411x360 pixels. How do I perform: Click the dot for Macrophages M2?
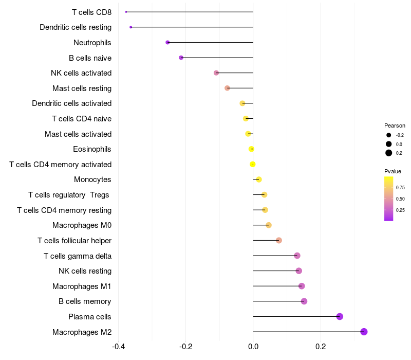click(364, 332)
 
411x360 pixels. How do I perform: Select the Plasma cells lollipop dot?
click(340, 316)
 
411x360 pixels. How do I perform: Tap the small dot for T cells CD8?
click(126, 12)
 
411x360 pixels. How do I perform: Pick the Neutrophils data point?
click(167, 42)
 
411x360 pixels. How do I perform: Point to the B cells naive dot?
click(181, 58)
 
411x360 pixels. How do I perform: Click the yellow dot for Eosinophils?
click(251, 149)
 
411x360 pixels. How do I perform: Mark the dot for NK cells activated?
click(216, 73)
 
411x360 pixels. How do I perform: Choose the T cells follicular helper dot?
click(279, 240)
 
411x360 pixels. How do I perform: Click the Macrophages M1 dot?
click(302, 286)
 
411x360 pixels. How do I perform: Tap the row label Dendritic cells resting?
click(76, 27)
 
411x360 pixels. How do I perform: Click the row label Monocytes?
click(92, 179)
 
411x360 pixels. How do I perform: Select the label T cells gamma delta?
click(78, 256)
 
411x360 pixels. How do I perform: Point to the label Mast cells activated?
click(78, 134)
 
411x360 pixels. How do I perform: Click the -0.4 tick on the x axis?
click(118, 346)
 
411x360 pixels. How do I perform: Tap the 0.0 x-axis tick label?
click(253, 346)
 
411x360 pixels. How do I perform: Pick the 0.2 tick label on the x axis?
click(321, 346)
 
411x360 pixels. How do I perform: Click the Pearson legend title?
click(395, 125)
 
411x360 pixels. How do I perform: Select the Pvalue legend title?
click(393, 171)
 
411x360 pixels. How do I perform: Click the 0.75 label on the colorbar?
click(400, 187)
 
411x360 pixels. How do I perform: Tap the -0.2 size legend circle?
click(389, 135)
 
